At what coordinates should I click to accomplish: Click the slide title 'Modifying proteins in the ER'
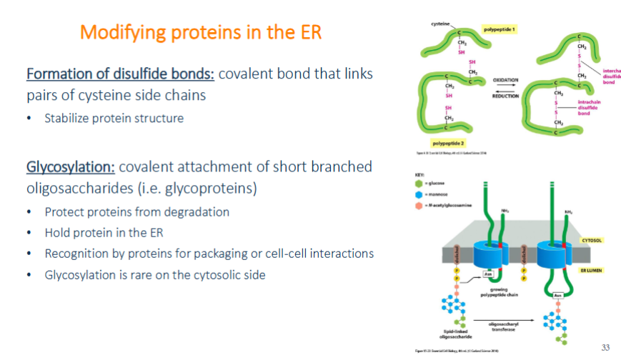click(201, 32)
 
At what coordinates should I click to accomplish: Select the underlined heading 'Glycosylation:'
click(70, 167)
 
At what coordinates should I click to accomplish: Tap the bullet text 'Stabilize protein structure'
click(114, 119)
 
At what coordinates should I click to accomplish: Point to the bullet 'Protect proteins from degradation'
click(136, 212)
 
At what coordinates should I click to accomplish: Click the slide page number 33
click(605, 347)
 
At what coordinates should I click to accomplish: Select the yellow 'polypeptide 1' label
click(500, 29)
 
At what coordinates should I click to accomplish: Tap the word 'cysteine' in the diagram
click(440, 24)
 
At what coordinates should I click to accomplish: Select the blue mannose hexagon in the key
click(419, 194)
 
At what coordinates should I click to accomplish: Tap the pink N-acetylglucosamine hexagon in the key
click(419, 205)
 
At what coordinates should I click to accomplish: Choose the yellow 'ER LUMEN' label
click(594, 272)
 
